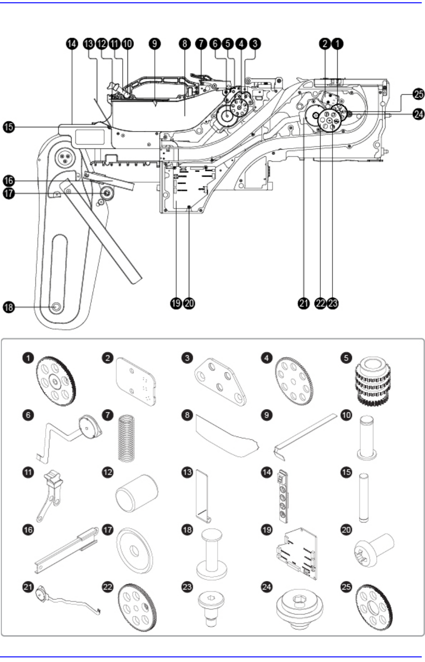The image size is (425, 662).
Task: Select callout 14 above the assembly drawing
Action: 72,44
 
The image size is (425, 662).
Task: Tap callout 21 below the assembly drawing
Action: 304,304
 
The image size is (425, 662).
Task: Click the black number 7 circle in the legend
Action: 108,415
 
